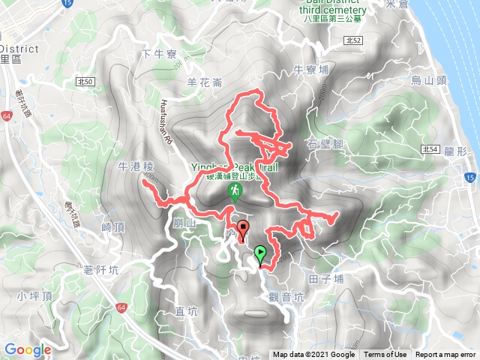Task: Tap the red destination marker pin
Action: [242, 229]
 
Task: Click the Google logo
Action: [28, 349]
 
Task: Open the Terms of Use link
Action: [385, 355]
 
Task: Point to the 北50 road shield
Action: [85, 80]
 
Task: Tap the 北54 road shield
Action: [430, 149]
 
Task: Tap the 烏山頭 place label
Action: [427, 79]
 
